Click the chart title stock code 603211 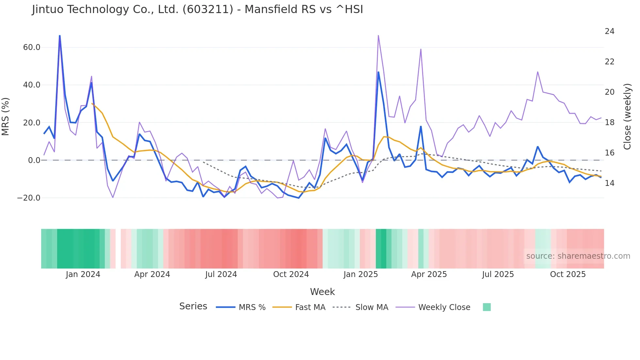tap(208, 9)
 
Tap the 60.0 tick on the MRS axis tap(32, 47)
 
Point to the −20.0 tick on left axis tap(29, 198)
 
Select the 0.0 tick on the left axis tap(34, 160)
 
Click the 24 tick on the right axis tap(609, 31)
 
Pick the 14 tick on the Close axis tap(609, 183)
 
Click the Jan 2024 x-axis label tap(83, 274)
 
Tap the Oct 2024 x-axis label tap(291, 274)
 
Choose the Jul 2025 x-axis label tap(498, 274)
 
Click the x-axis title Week tap(322, 292)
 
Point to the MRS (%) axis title tap(6, 116)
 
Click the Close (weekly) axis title tap(627, 116)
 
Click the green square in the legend tap(487, 307)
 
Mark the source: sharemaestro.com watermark tap(578, 256)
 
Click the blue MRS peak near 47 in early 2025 tap(378, 72)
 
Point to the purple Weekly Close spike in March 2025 tap(421, 49)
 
